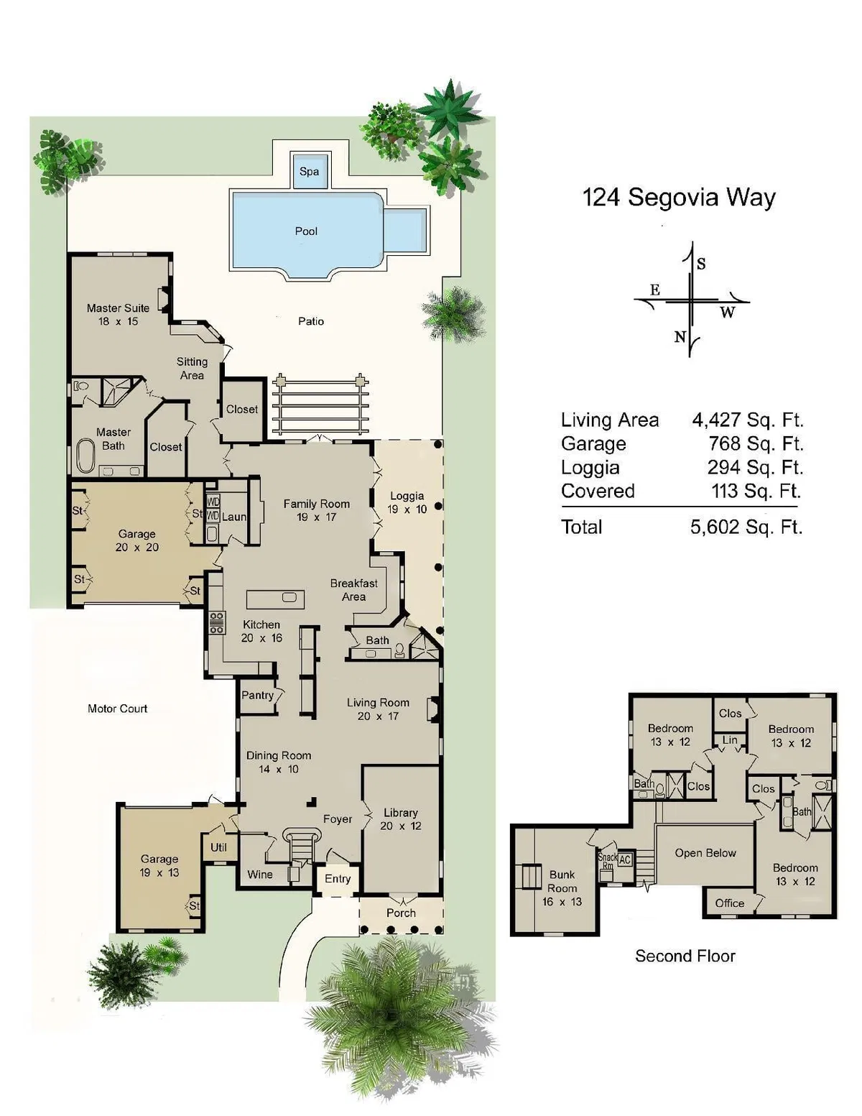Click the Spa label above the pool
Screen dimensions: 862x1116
pyautogui.click(x=309, y=172)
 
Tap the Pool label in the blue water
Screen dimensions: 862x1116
pyautogui.click(x=306, y=231)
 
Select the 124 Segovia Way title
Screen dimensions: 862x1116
pyautogui.click(x=678, y=198)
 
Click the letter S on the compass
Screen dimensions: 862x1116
pyautogui.click(x=701, y=264)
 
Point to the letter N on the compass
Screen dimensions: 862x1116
pyautogui.click(x=680, y=337)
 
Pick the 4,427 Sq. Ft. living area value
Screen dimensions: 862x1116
pyautogui.click(x=748, y=420)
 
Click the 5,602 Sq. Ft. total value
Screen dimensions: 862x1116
pyautogui.click(x=746, y=527)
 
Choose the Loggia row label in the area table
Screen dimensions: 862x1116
pyautogui.click(x=590, y=468)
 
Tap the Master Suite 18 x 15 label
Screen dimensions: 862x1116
pyautogui.click(x=118, y=314)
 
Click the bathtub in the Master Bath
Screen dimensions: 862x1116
pyautogui.click(x=85, y=455)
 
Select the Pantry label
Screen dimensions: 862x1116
pyautogui.click(x=257, y=696)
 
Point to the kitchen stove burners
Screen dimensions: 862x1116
pyautogui.click(x=217, y=622)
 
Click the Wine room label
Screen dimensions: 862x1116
pyautogui.click(x=260, y=874)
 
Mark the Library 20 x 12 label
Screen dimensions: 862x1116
pyautogui.click(x=400, y=819)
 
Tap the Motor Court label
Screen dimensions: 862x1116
pyautogui.click(x=117, y=709)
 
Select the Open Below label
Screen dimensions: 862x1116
pyautogui.click(x=705, y=853)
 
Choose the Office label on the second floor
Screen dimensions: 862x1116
pyautogui.click(x=730, y=903)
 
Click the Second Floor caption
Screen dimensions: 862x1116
pyautogui.click(x=685, y=956)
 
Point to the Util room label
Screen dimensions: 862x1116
pyautogui.click(x=218, y=847)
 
